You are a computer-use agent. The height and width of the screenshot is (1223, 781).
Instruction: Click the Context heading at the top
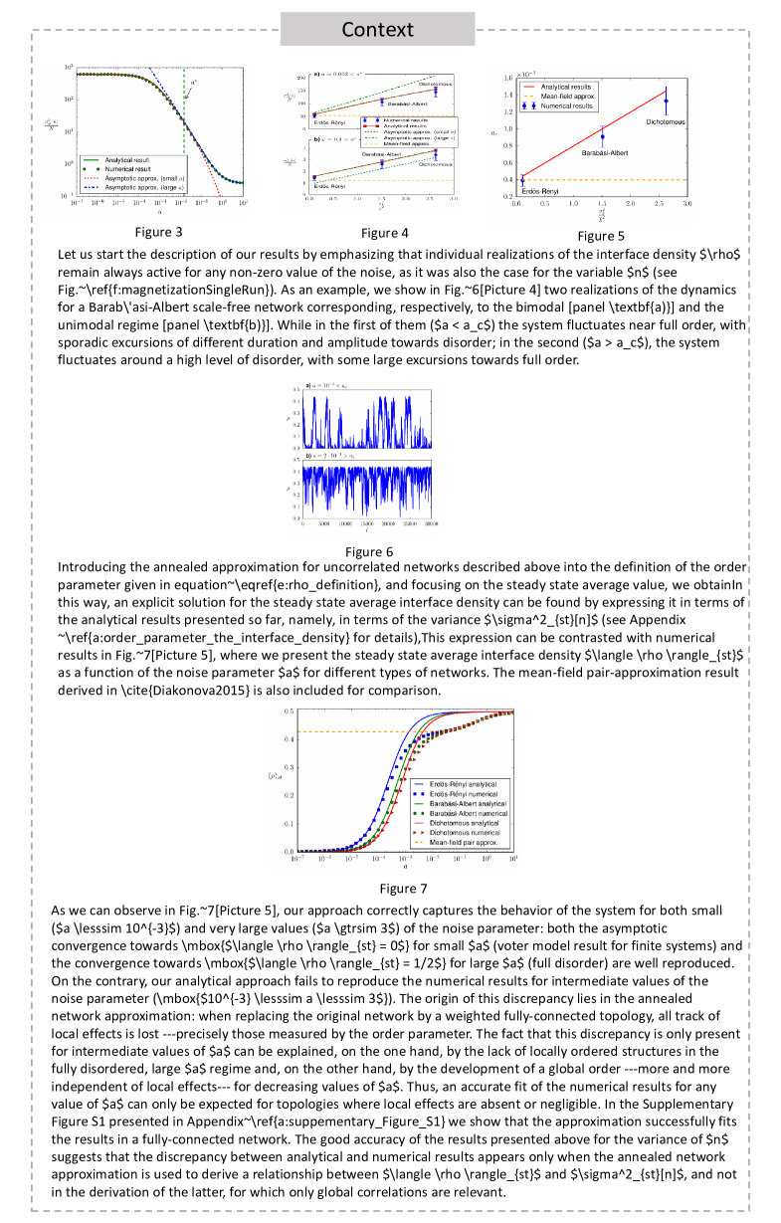pos(377,29)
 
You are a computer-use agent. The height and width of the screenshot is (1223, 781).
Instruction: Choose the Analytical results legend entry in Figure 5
pos(567,88)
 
